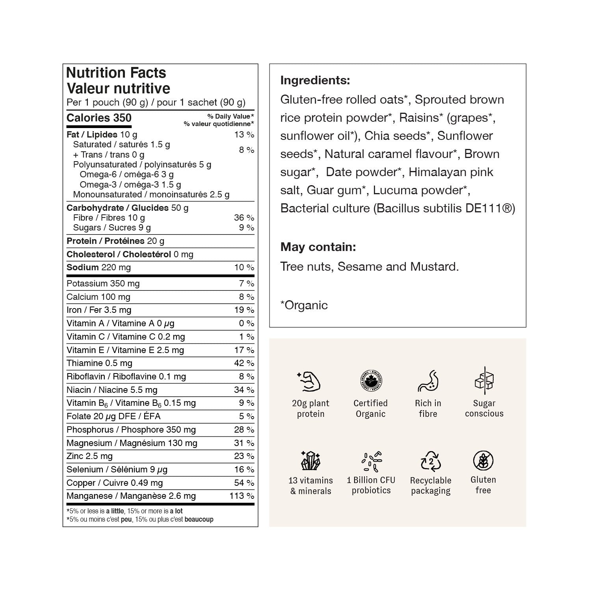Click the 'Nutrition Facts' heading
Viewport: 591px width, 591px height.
[116, 73]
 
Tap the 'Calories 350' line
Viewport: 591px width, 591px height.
[99, 118]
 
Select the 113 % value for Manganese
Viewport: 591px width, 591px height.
[242, 496]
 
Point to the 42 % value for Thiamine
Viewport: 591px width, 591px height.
[244, 363]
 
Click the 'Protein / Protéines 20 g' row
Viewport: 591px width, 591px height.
[115, 241]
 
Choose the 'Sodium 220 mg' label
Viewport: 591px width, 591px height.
[98, 268]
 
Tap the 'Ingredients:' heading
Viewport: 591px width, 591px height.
[315, 80]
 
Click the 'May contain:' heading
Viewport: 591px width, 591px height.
[318, 247]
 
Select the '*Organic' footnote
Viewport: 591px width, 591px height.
[304, 305]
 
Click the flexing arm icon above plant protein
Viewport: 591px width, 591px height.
[309, 381]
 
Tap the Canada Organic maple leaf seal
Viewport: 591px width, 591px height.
[370, 381]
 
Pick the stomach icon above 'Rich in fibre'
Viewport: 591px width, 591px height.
[428, 381]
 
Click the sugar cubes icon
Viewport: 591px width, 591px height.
[484, 381]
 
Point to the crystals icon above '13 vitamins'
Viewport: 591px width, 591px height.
[310, 460]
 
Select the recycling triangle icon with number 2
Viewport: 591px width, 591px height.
[431, 461]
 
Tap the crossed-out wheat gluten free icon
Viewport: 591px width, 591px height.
[483, 461]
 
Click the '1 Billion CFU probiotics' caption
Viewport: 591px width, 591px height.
[371, 485]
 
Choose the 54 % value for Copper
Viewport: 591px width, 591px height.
[244, 483]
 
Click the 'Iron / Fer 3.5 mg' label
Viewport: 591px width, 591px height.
[99, 310]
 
